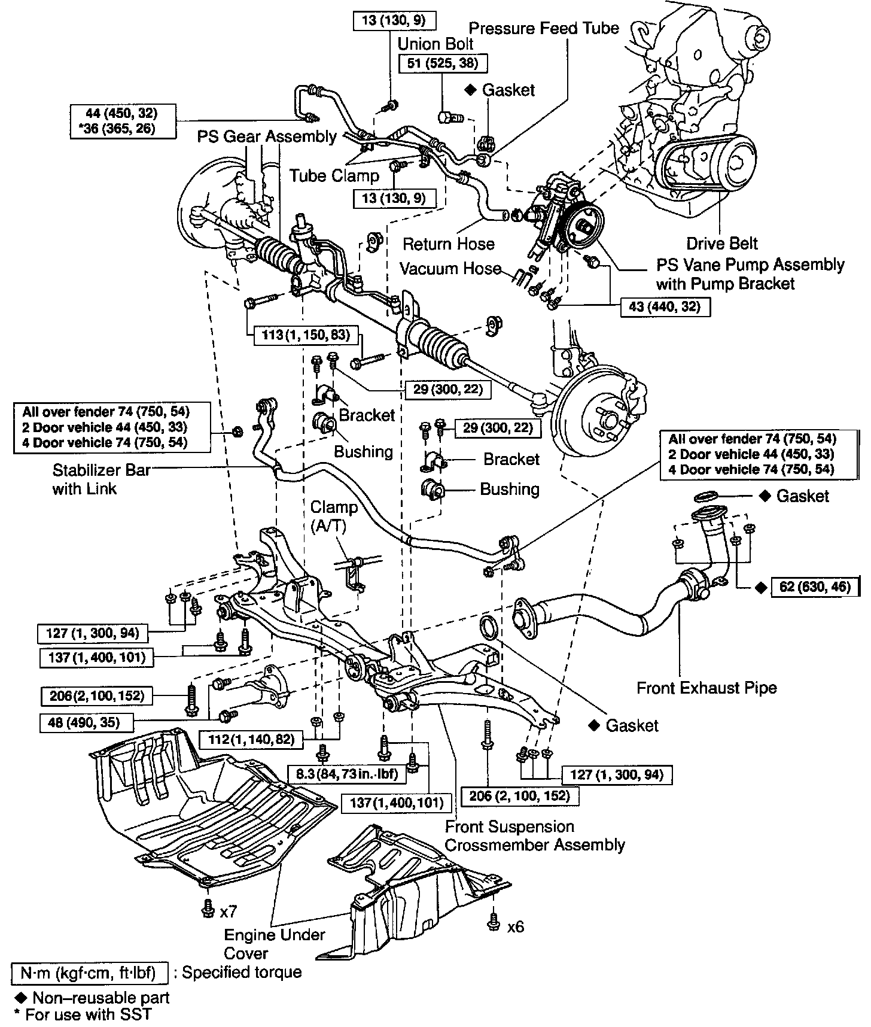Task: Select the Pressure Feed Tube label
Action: (x=543, y=28)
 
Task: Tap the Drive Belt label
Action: (x=721, y=244)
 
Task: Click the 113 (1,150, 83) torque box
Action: (x=305, y=335)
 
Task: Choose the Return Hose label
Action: (x=449, y=244)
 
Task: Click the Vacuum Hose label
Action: (x=450, y=269)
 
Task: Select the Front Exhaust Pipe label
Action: (x=706, y=688)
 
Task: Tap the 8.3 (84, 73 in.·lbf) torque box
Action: (x=347, y=774)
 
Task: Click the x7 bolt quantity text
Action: (x=229, y=911)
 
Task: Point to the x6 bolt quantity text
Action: (x=515, y=926)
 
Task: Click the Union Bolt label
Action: (x=435, y=44)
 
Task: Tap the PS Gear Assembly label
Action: (x=267, y=136)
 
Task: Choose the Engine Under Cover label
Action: (x=275, y=943)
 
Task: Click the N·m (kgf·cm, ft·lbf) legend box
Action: (x=88, y=973)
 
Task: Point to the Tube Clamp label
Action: (x=334, y=175)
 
